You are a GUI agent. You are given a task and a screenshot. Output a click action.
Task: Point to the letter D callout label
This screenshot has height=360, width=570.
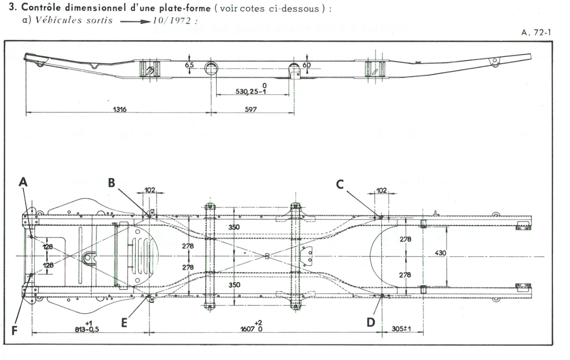pyautogui.click(x=371, y=323)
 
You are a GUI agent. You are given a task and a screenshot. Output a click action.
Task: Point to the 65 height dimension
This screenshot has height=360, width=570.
pyautogui.click(x=189, y=65)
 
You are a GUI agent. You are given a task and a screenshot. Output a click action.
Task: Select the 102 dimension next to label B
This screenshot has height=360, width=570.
pyautogui.click(x=149, y=190)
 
